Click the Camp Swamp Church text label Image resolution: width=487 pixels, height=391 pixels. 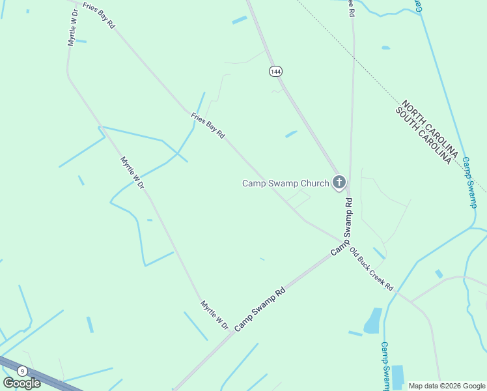pyautogui.click(x=285, y=183)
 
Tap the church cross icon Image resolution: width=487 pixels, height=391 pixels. pyautogui.click(x=339, y=182)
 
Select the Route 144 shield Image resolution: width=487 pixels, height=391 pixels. pyautogui.click(x=275, y=71)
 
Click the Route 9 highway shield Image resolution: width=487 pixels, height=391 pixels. pyautogui.click(x=22, y=371)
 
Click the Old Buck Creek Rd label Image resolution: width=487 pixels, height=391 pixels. pyautogui.click(x=371, y=268)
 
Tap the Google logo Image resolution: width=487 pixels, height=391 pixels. pyautogui.click(x=22, y=383)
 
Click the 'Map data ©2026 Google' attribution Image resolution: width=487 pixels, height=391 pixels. pyautogui.click(x=447, y=386)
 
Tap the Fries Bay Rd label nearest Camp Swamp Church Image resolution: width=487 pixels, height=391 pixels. pyautogui.click(x=208, y=126)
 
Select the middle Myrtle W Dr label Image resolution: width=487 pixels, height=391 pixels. pyautogui.click(x=132, y=172)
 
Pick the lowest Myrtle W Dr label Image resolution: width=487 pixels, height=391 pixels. pyautogui.click(x=214, y=315)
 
